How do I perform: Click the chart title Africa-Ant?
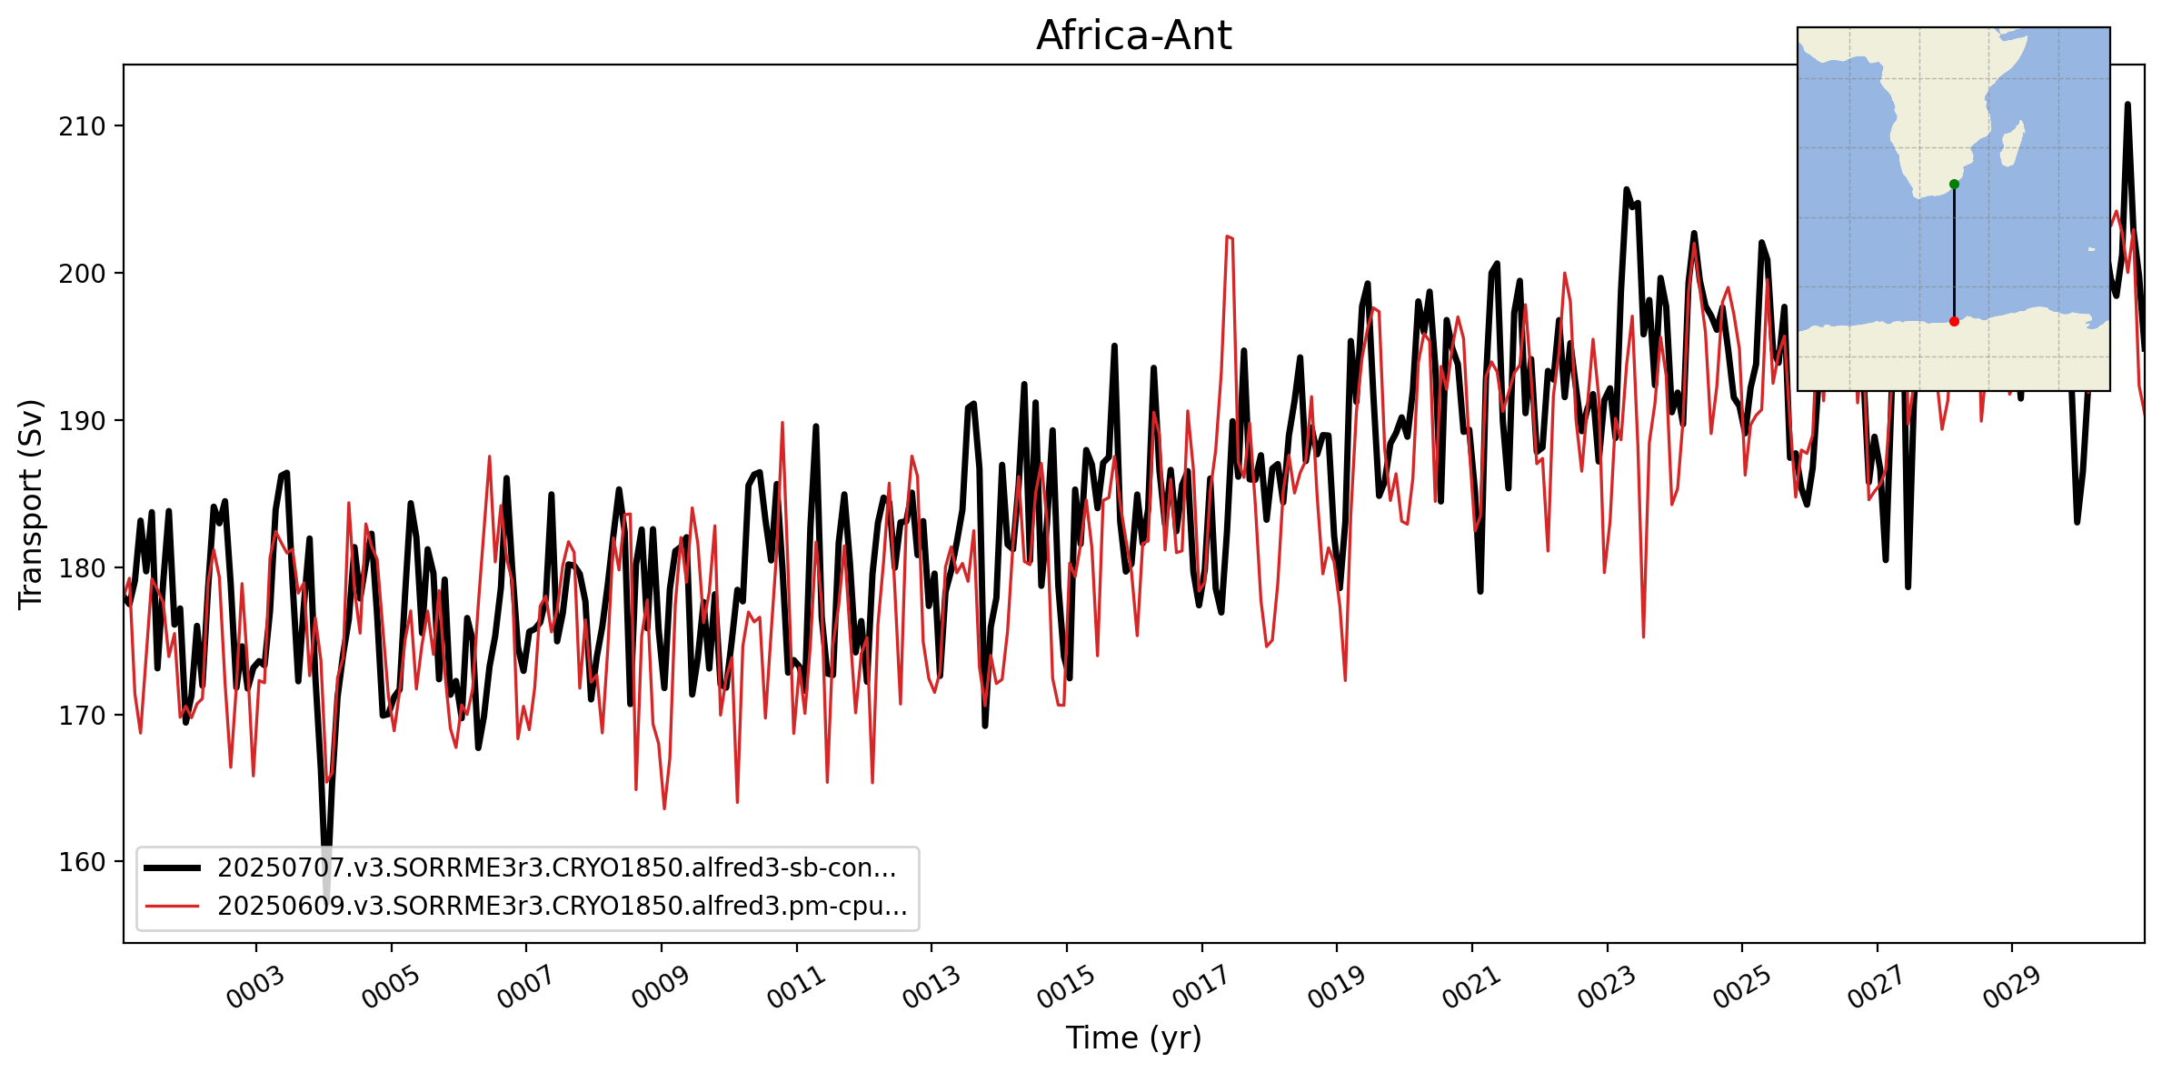[x=1133, y=36]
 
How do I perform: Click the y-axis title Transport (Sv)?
[x=31, y=504]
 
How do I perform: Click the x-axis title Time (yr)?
[x=1133, y=1038]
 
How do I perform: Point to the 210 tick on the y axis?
[x=83, y=126]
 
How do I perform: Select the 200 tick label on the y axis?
[x=83, y=274]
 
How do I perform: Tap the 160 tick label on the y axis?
[x=83, y=862]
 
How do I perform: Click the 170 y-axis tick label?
[x=83, y=716]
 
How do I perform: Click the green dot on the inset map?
[x=1954, y=185]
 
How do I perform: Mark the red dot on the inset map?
[x=1954, y=321]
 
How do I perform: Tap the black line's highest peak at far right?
[x=2127, y=105]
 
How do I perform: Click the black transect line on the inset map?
[x=1954, y=255]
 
